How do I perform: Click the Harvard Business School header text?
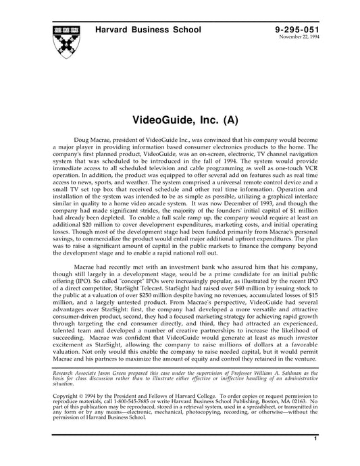click(x=143, y=30)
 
